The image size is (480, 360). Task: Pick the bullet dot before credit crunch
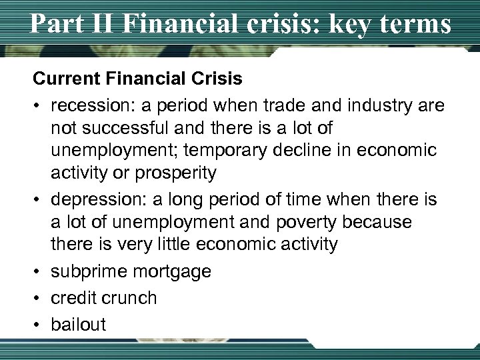coord(39,298)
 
